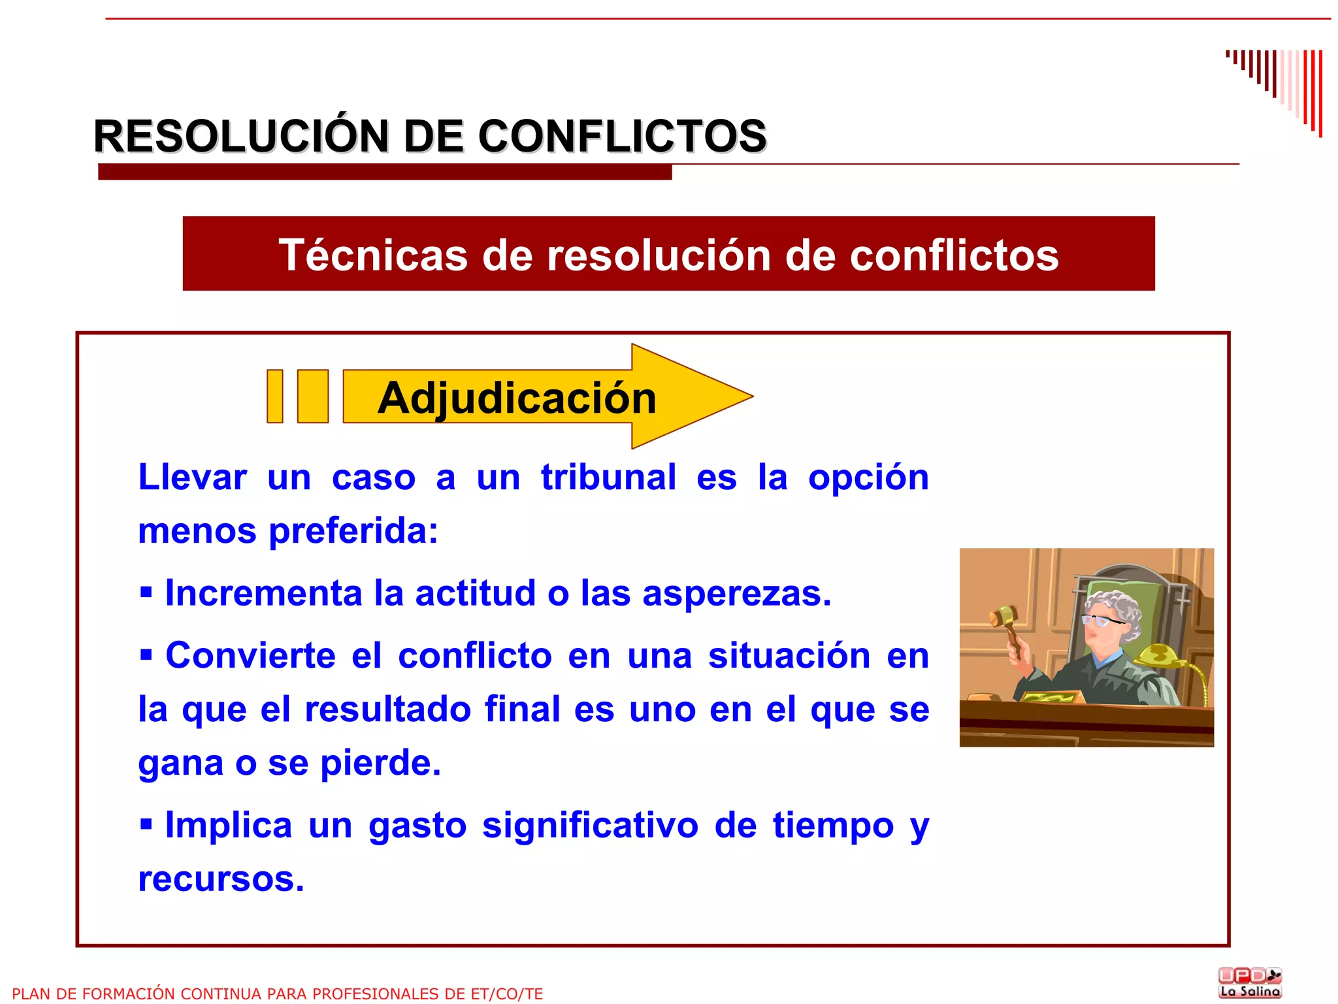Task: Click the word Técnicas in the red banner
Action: (x=373, y=255)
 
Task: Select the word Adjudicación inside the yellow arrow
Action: (x=517, y=398)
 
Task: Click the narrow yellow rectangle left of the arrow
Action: (x=275, y=397)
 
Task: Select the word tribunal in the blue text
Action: (x=608, y=477)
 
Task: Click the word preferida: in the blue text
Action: (x=353, y=530)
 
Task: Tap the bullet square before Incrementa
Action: (x=146, y=592)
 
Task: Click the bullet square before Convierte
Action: (x=146, y=654)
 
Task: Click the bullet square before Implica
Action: (x=146, y=824)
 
